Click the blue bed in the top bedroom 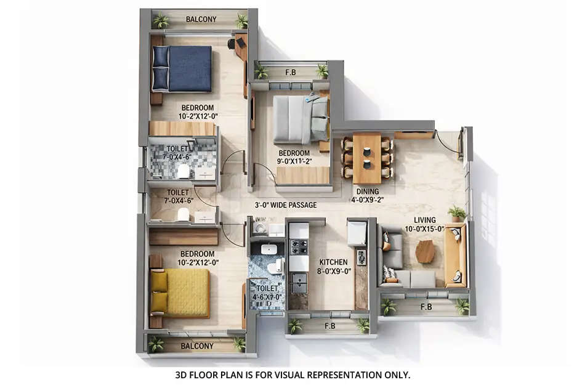point(183,68)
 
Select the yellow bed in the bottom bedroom point(181,293)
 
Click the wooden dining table point(367,158)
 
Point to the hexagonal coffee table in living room point(425,251)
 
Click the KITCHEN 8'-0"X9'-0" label point(333,266)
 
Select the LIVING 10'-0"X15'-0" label point(425,224)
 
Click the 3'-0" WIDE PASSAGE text point(286,205)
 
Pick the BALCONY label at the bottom point(197,346)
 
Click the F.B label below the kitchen point(329,326)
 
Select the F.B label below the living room point(426,306)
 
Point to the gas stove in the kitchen point(299,246)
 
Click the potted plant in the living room point(457,213)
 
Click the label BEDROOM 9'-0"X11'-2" point(294,157)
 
